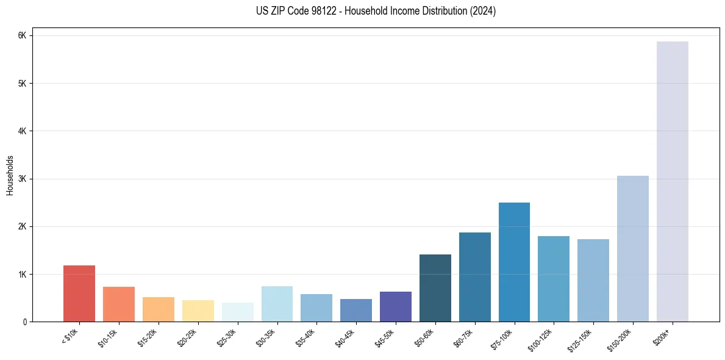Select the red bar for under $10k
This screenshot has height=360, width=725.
pyautogui.click(x=79, y=293)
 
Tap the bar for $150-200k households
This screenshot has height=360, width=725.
pyautogui.click(x=632, y=249)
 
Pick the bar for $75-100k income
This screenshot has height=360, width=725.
pyautogui.click(x=514, y=262)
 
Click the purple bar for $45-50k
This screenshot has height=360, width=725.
pyautogui.click(x=395, y=307)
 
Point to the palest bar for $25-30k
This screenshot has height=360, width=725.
pyautogui.click(x=237, y=312)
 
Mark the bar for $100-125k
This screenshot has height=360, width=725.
pyautogui.click(x=554, y=279)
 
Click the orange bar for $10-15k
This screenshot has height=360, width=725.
pyautogui.click(x=119, y=304)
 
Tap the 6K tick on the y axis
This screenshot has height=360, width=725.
pyautogui.click(x=23, y=35)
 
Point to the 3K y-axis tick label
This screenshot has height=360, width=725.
pyautogui.click(x=23, y=179)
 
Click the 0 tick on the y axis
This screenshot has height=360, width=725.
pyautogui.click(x=25, y=322)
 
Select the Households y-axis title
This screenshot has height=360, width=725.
pyautogui.click(x=10, y=175)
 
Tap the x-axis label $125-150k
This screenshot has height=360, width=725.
pyautogui.click(x=583, y=339)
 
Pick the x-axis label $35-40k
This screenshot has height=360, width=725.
pyautogui.click(x=307, y=337)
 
